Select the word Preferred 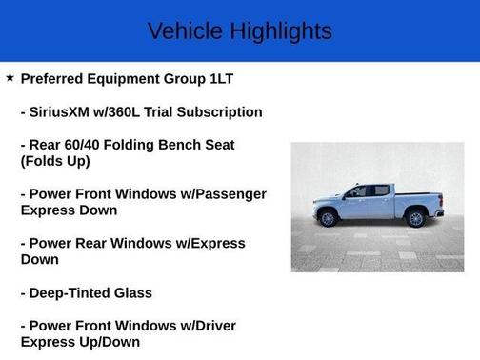point(57,79)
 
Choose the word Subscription point(217,112)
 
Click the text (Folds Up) point(55,161)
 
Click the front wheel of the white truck point(329,218)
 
